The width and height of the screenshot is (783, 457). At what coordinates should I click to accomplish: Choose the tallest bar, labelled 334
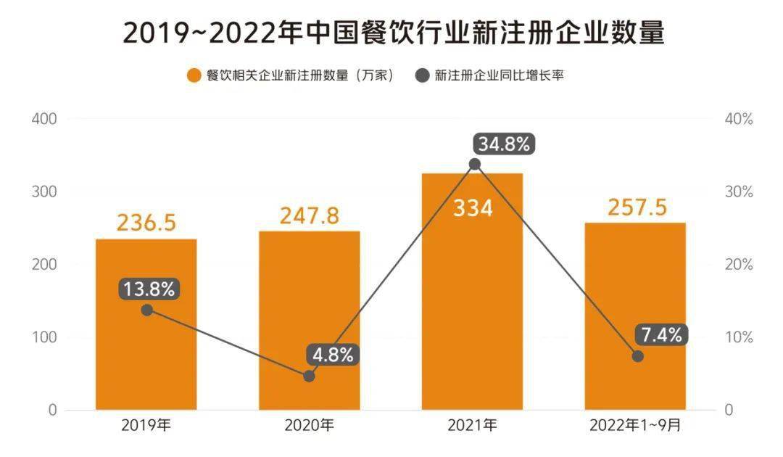pyautogui.click(x=472, y=305)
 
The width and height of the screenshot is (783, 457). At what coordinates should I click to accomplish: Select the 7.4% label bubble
pyautogui.click(x=661, y=335)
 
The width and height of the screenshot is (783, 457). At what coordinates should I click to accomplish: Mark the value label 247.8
pyautogui.click(x=309, y=215)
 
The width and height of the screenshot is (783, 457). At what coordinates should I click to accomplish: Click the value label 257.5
pyautogui.click(x=635, y=207)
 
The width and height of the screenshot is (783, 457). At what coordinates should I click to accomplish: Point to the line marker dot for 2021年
pyautogui.click(x=474, y=164)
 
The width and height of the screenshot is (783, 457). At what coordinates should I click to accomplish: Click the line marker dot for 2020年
pyautogui.click(x=309, y=376)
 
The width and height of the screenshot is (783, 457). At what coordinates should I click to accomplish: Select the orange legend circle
pyautogui.click(x=193, y=76)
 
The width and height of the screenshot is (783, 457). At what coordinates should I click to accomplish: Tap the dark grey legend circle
pyautogui.click(x=422, y=76)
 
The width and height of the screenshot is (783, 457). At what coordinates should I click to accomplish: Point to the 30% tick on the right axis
pyautogui.click(x=739, y=192)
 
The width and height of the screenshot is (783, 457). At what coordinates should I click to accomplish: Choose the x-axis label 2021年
pyautogui.click(x=472, y=426)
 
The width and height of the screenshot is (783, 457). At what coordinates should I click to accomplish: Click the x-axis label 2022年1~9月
pyautogui.click(x=635, y=426)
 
